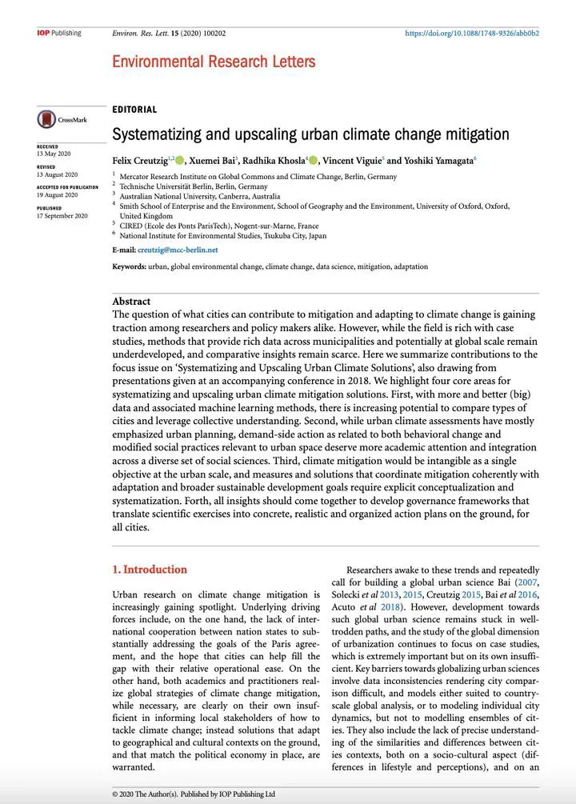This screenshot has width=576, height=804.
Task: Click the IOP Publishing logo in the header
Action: click(58, 33)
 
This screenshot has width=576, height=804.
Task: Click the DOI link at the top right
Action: click(472, 34)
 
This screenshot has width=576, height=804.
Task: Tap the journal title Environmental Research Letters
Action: click(214, 62)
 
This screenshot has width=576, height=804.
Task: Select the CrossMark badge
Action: click(62, 120)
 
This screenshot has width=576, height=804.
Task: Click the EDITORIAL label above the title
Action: click(134, 110)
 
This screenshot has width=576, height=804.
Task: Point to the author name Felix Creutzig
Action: click(139, 160)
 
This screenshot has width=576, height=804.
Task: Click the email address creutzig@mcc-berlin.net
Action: click(177, 250)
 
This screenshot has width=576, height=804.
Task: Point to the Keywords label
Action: click(129, 266)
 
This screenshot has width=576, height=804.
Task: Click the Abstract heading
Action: click(131, 301)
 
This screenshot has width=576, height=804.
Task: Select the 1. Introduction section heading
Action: click(150, 570)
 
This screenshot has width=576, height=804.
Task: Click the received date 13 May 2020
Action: click(54, 154)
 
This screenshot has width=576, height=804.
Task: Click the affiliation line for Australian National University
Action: click(199, 195)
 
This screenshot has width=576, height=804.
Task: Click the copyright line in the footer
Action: click(194, 794)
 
